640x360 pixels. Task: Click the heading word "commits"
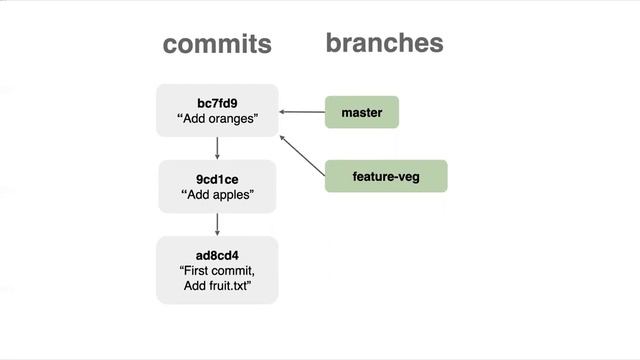[217, 44]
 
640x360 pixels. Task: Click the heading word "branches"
[384, 43]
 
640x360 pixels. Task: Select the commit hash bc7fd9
[217, 103]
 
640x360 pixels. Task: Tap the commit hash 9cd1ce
[217, 180]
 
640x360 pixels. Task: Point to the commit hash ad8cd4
[217, 254]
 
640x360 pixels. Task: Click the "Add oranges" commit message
[217, 119]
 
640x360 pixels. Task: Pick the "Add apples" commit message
[217, 195]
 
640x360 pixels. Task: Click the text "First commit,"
[217, 270]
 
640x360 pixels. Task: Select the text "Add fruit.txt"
[217, 286]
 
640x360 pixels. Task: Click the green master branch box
[362, 112]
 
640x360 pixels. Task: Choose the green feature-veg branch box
[385, 176]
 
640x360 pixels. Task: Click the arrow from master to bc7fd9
[302, 112]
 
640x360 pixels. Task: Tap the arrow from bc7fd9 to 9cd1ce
[217, 148]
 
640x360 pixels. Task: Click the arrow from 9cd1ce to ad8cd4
[217, 224]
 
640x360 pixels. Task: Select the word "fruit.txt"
[229, 286]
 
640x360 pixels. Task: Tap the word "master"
[362, 112]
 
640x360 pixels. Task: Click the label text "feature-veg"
[385, 176]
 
